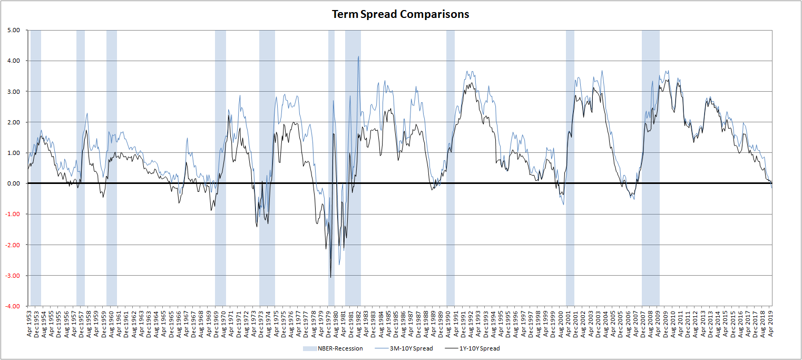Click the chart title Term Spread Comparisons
point(400,14)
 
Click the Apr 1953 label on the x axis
point(29,323)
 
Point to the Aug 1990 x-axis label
point(449,323)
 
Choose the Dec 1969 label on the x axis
point(217,323)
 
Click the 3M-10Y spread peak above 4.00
point(358,57)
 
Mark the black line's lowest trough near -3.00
point(330,277)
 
